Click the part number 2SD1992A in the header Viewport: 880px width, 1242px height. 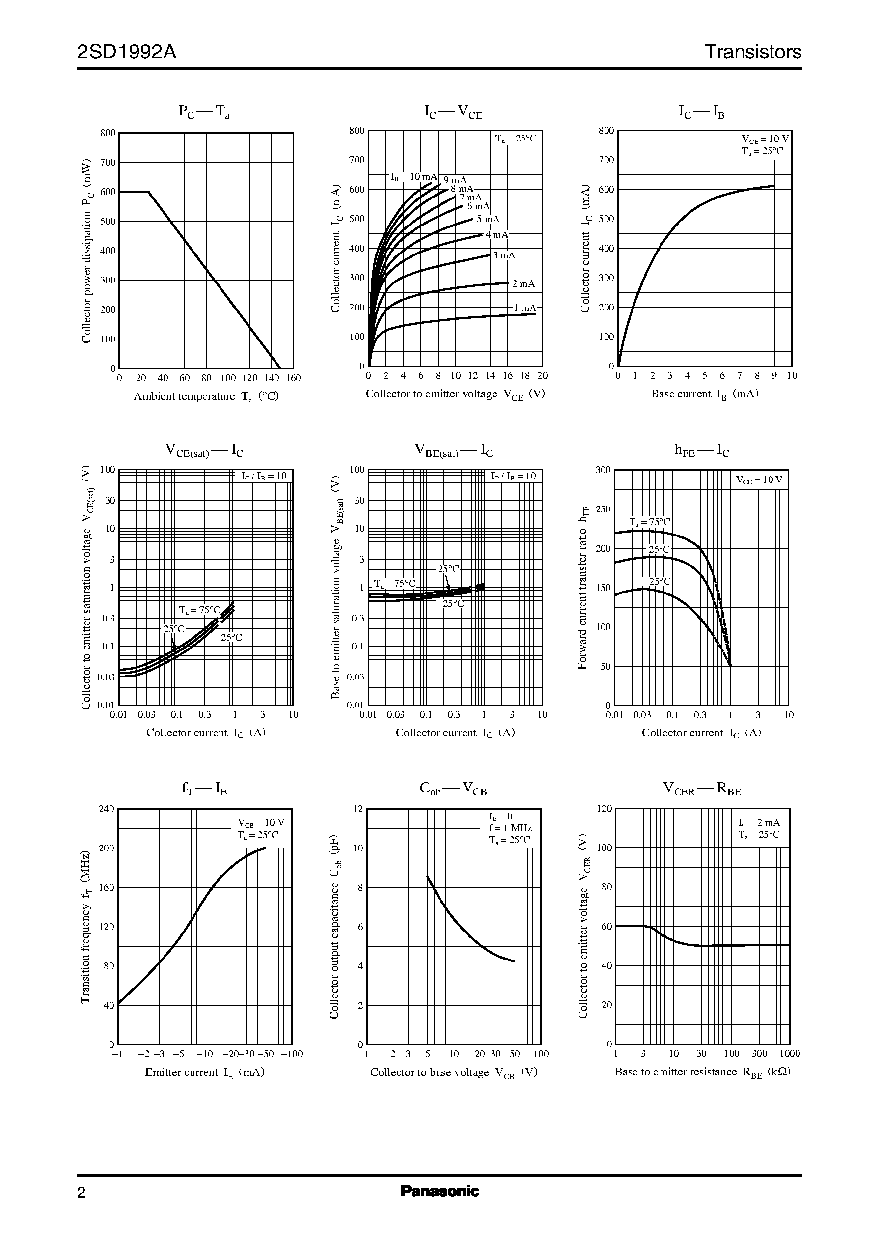point(127,52)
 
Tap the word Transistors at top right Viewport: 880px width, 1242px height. point(752,52)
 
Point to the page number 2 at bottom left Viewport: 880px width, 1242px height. point(82,1193)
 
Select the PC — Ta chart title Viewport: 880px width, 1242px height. point(204,112)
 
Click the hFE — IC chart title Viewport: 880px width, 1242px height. point(701,450)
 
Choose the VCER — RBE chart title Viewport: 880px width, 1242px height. point(702,790)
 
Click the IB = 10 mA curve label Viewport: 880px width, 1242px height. point(413,177)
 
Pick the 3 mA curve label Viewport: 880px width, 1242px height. point(504,255)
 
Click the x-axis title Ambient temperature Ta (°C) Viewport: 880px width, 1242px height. point(206,396)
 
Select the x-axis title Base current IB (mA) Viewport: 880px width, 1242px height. point(704,394)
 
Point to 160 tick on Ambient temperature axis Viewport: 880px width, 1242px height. point(293,378)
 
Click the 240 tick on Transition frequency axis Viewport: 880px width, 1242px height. point(107,809)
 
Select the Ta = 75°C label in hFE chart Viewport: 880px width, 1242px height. point(649,522)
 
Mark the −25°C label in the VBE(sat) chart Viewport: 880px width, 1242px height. point(450,603)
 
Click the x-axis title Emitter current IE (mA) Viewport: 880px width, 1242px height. point(204,1072)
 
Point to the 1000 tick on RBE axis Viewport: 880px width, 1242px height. point(790,1053)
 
